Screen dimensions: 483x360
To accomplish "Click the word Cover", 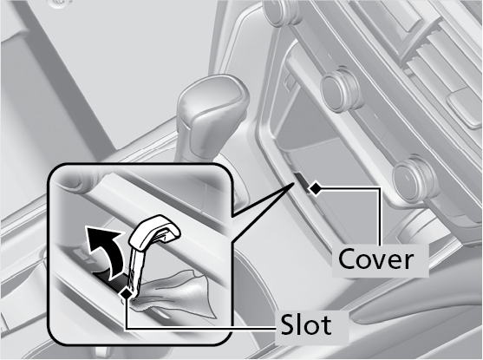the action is [x=375, y=260].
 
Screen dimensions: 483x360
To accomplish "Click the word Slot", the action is [x=305, y=324].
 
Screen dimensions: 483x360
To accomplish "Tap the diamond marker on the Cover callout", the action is [x=314, y=188].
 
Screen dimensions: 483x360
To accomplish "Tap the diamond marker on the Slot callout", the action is [x=127, y=294].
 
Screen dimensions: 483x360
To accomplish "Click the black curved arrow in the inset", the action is [x=105, y=251].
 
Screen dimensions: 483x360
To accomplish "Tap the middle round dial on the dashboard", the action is [x=342, y=88].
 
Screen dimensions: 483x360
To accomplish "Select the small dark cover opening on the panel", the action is [x=302, y=181].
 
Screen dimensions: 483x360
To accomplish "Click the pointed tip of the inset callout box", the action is [x=292, y=182].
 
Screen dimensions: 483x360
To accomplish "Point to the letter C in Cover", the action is [x=348, y=260].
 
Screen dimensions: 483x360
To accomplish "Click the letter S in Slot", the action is [x=287, y=324].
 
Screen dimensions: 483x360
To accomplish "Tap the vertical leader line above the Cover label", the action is [x=379, y=217].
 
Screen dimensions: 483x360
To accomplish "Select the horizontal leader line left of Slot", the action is [x=201, y=329].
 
